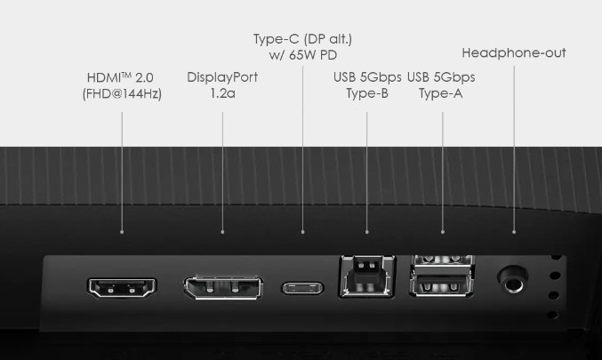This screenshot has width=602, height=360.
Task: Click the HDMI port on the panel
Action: pos(122,287)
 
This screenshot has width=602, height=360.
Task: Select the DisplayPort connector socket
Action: pos(223,288)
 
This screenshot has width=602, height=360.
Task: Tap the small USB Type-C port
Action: pos(302,288)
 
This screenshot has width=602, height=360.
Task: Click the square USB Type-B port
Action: pos(366,276)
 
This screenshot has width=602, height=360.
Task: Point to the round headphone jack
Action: pos(512,279)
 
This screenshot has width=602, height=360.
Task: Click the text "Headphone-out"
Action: pos(514,53)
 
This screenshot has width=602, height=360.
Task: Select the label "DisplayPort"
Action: pos(222,77)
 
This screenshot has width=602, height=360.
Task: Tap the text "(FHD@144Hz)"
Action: pos(122,93)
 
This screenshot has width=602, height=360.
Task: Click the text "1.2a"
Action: pos(222,93)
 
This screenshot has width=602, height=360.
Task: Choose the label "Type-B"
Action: pos(367,93)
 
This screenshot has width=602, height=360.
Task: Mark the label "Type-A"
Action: pos(441,93)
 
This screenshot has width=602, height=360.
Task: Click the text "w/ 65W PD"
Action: pos(303,55)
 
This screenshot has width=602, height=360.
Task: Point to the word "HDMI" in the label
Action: pos(104,77)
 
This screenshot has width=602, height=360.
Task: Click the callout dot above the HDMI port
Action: pos(122,232)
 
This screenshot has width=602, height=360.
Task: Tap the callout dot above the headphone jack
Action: pos(514,232)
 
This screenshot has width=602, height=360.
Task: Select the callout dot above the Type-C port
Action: pos(303,232)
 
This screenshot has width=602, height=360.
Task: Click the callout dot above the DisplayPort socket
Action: pos(222,232)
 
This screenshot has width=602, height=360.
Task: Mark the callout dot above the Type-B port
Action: pos(367,232)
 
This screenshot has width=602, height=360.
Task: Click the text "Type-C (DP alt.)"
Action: pos(302,39)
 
